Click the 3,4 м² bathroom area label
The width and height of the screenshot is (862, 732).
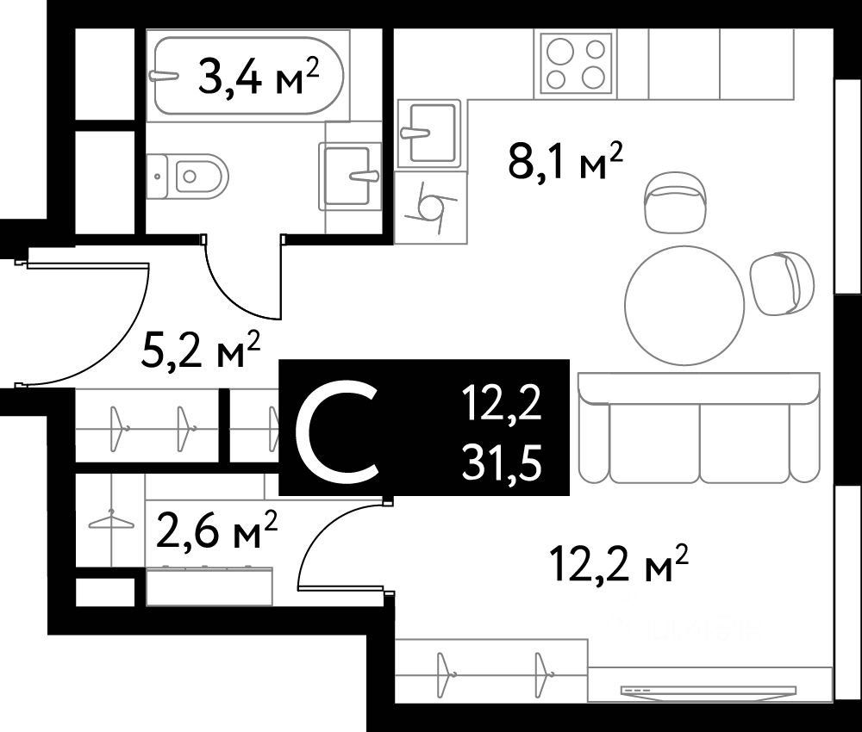259,78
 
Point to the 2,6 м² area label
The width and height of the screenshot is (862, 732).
216,530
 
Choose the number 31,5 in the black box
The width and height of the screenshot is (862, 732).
502,463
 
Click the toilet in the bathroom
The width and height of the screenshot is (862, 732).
187,177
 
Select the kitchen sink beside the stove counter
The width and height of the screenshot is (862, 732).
428,133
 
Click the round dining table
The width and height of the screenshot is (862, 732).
684,306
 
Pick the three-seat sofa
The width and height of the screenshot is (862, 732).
699,428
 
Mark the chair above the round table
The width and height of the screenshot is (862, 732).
674,202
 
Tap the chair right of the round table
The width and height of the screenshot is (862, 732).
783,283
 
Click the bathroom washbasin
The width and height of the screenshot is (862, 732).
350,176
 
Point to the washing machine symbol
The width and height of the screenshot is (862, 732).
430,207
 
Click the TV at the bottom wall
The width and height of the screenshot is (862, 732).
709,691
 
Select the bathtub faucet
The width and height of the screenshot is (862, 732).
163,75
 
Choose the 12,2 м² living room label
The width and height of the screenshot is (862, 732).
618,563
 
